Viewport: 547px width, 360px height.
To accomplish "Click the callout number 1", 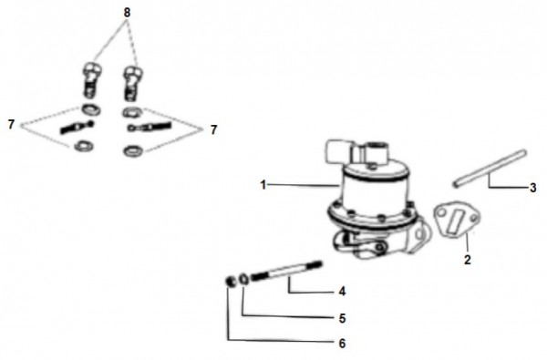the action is pos(263,185).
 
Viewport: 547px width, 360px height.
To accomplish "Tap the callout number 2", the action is pos(468,260).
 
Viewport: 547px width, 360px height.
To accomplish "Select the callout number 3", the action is pos(532,188).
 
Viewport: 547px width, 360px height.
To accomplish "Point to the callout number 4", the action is pos(342,292).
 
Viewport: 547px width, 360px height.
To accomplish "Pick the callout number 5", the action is pos(342,318).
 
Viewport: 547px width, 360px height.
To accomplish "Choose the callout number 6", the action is pos(342,344).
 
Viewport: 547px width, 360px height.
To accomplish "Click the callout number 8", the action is pos(127,13).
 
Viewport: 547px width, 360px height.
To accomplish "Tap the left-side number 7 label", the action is pos(12,124).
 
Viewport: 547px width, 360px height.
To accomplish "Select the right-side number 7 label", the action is pos(213,129).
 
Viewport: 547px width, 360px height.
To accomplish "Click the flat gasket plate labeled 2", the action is pos(457,219).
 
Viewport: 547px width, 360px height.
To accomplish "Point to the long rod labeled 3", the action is pos(490,169).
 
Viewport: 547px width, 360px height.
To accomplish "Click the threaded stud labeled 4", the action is pos(286,271).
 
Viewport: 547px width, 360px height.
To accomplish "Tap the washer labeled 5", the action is pos(243,280).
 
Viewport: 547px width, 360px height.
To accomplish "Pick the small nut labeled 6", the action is pos(231,281).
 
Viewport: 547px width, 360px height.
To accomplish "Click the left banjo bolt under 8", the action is pos(92,79).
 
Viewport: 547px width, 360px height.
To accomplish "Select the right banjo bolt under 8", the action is pos(133,83).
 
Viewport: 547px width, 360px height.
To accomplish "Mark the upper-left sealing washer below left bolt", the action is pos(91,109).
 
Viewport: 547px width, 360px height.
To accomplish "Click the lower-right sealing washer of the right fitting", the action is pos(133,151).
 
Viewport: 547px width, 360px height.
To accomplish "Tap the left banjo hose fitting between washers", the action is pos(77,128).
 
